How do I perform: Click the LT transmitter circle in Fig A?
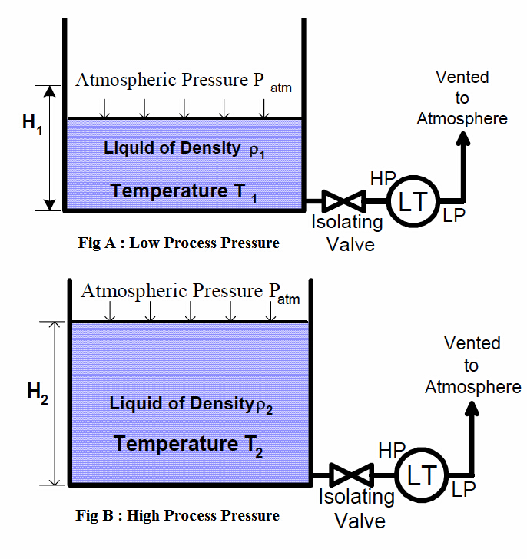pyautogui.click(x=411, y=201)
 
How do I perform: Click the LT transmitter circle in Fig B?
pyautogui.click(x=419, y=475)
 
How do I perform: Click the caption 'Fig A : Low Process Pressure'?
pyautogui.click(x=178, y=243)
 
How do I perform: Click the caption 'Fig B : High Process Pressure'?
pyautogui.click(x=178, y=515)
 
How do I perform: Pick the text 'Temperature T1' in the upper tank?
pyautogui.click(x=184, y=191)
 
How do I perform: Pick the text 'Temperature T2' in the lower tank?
pyautogui.click(x=188, y=445)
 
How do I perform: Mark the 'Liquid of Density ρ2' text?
pyautogui.click(x=191, y=404)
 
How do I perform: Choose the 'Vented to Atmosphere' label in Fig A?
pyautogui.click(x=462, y=98)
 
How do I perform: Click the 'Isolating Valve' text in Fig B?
pyautogui.click(x=356, y=508)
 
